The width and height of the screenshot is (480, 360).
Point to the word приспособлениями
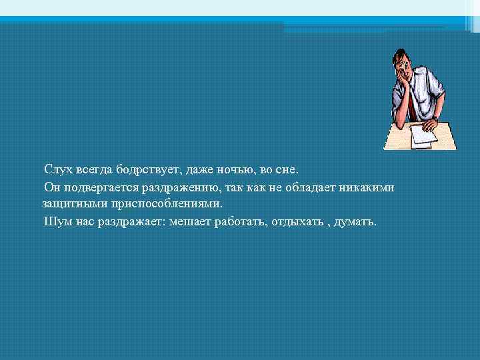[165, 204]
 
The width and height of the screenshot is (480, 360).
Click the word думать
[357, 221]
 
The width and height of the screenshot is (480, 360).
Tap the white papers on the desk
[421, 135]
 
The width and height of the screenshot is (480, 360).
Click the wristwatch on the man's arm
[434, 118]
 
